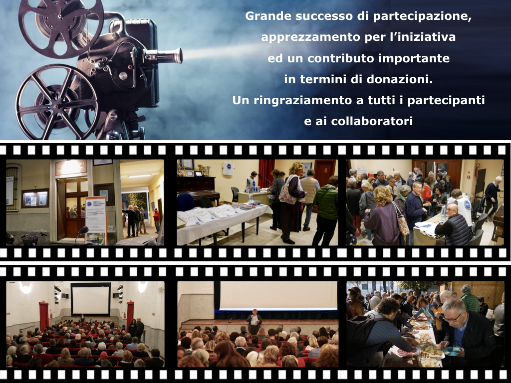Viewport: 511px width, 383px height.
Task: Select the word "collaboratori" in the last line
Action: click(372, 121)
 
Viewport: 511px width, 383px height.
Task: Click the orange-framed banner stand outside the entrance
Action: click(96, 220)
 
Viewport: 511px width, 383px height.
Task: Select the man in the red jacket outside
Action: click(157, 220)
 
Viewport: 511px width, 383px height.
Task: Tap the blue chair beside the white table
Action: click(187, 202)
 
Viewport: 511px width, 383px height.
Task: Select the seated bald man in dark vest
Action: click(454, 224)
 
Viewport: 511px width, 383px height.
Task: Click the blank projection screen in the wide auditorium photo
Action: click(90, 300)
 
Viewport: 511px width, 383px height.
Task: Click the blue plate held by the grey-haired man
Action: click(451, 351)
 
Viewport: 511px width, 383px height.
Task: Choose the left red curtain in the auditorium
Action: click(44, 316)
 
